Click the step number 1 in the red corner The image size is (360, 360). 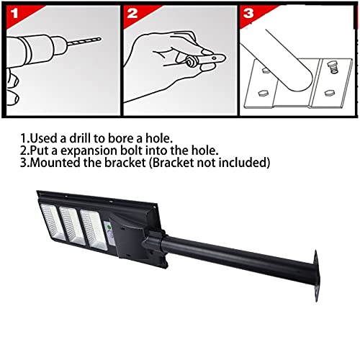pyautogui.click(x=14, y=13)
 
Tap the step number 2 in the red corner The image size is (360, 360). pyautogui.click(x=132, y=13)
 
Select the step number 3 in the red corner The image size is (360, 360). pyautogui.click(x=248, y=13)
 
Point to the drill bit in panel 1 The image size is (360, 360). pyautogui.click(x=84, y=41)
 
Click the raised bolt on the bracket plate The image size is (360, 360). pyautogui.click(x=333, y=66)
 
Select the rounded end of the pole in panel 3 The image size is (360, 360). pyautogui.click(x=300, y=81)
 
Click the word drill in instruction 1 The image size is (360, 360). pyautogui.click(x=79, y=138)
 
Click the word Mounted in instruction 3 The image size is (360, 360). pyautogui.click(x=55, y=163)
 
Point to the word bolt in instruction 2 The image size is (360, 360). pyautogui.click(x=132, y=150)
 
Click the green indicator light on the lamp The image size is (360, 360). pyautogui.click(x=109, y=227)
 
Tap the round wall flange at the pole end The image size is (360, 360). pyautogui.click(x=316, y=276)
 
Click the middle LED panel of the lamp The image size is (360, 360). pyautogui.click(x=72, y=225)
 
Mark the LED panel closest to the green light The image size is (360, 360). pyautogui.click(x=94, y=230)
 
